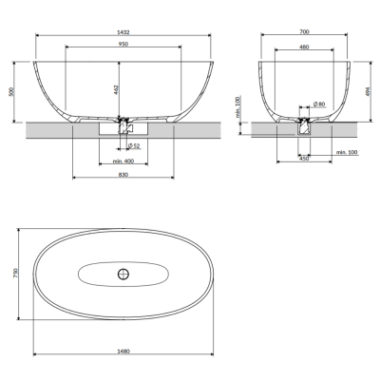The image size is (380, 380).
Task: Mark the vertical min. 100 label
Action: [x=237, y=106]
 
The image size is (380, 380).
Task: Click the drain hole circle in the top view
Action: [x=122, y=275]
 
